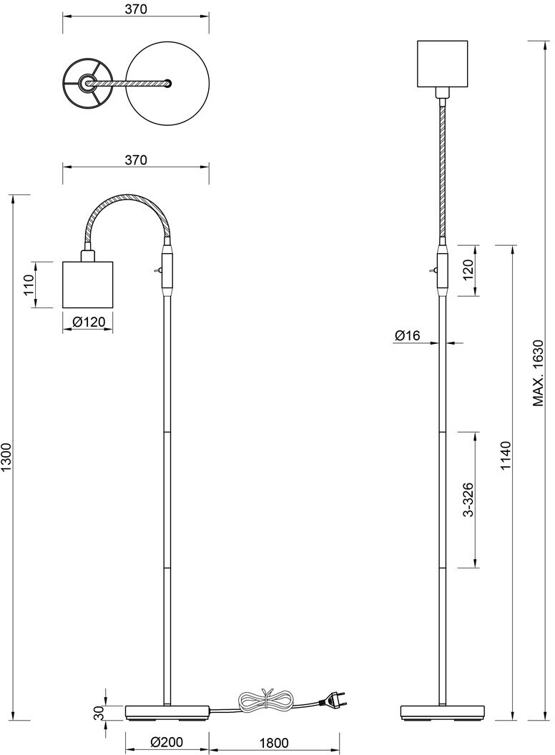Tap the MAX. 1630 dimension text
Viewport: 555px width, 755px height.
click(x=538, y=374)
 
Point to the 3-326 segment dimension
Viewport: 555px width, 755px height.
click(x=468, y=499)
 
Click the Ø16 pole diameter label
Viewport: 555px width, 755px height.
click(x=408, y=335)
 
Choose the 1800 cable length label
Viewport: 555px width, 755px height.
click(x=274, y=742)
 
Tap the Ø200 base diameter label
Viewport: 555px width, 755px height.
click(x=167, y=742)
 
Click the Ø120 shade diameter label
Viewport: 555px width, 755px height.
click(x=88, y=322)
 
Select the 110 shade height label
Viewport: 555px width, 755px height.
click(x=29, y=285)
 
